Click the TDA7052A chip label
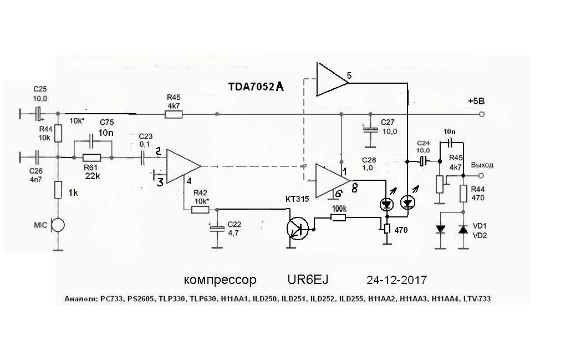(x=256, y=87)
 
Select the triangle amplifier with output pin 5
(x=330, y=79)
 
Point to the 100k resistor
(x=339, y=218)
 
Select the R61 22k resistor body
(x=92, y=158)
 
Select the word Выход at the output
(x=482, y=165)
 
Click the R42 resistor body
(x=200, y=210)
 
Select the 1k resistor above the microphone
(x=58, y=190)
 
